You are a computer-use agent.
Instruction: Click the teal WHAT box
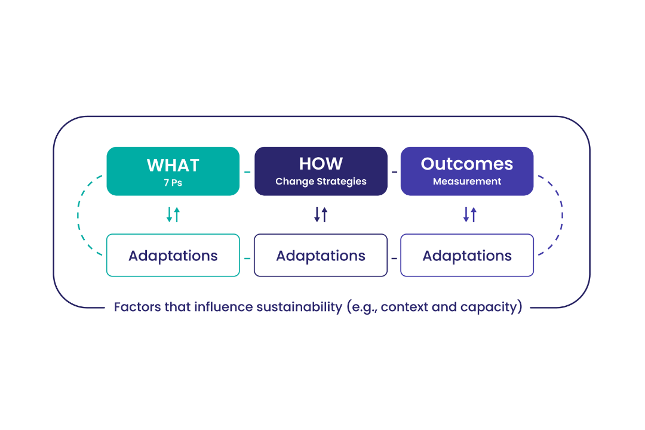(173, 171)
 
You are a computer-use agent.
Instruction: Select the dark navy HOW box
(321, 171)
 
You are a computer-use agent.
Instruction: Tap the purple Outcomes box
(466, 171)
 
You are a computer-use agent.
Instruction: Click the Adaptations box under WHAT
(173, 256)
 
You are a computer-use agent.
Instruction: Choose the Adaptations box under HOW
(321, 256)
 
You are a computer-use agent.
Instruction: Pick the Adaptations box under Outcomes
(466, 256)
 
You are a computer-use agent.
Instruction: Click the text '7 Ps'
(173, 183)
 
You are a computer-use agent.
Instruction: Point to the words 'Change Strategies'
(321, 182)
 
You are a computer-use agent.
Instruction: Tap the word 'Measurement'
(467, 182)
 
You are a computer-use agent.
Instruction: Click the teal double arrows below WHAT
(173, 214)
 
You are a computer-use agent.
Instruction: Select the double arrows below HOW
(321, 214)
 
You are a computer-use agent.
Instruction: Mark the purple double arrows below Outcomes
(470, 214)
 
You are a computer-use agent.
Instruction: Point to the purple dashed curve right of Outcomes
(561, 214)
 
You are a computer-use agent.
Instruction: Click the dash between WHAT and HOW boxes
(247, 172)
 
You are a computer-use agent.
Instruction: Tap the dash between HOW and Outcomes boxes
(394, 172)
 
